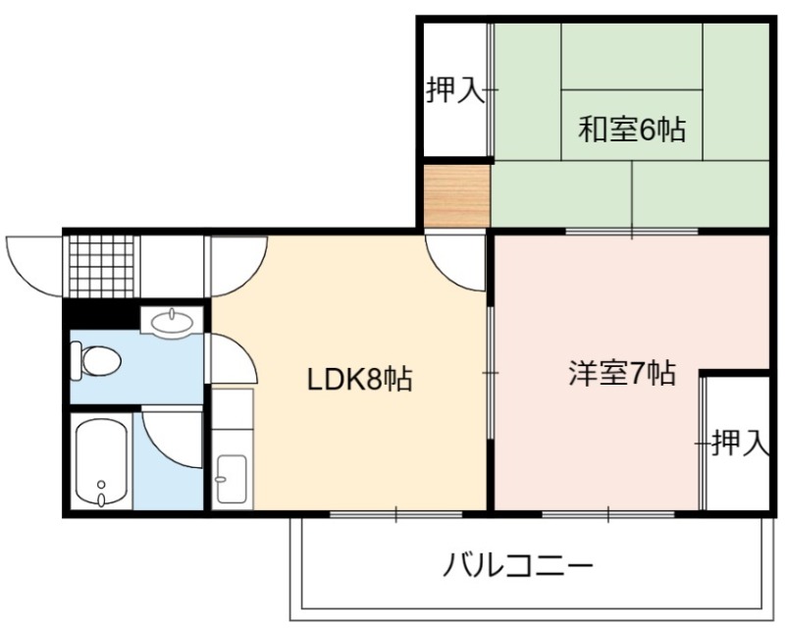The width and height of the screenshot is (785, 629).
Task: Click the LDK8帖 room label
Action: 359,380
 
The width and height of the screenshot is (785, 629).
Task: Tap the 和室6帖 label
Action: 632,130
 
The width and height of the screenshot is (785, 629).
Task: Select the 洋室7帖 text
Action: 622,373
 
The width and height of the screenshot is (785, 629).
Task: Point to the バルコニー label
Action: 519,565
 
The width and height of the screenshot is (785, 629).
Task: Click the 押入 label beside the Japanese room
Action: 455,90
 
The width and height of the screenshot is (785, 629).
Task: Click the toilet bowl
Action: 96,360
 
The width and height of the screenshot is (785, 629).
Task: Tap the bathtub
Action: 101,461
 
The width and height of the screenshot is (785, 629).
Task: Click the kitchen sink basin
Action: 232,480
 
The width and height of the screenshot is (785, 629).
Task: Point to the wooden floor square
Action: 456,196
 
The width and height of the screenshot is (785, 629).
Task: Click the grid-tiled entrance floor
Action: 102,266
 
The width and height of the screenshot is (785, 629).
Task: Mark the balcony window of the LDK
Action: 396,514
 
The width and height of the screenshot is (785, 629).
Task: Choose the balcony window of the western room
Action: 608,514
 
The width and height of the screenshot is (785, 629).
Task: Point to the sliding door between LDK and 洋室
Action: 491,373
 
